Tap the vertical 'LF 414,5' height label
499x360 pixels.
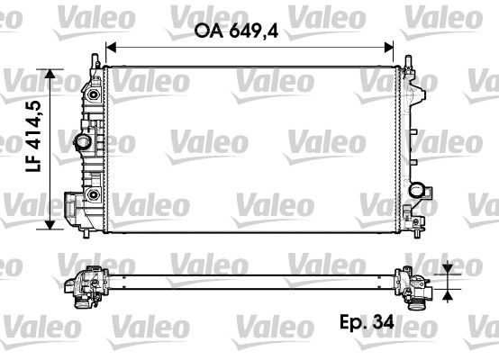pyautogui.click(x=34, y=149)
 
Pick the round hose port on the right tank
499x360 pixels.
pyautogui.click(x=417, y=188)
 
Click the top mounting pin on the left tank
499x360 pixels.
pyautogui.click(x=94, y=59)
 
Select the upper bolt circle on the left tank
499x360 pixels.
pyautogui.click(x=93, y=92)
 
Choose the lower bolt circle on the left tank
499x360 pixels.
pyautogui.click(x=93, y=194)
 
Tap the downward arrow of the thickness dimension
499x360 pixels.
pyautogui.click(x=449, y=269)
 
